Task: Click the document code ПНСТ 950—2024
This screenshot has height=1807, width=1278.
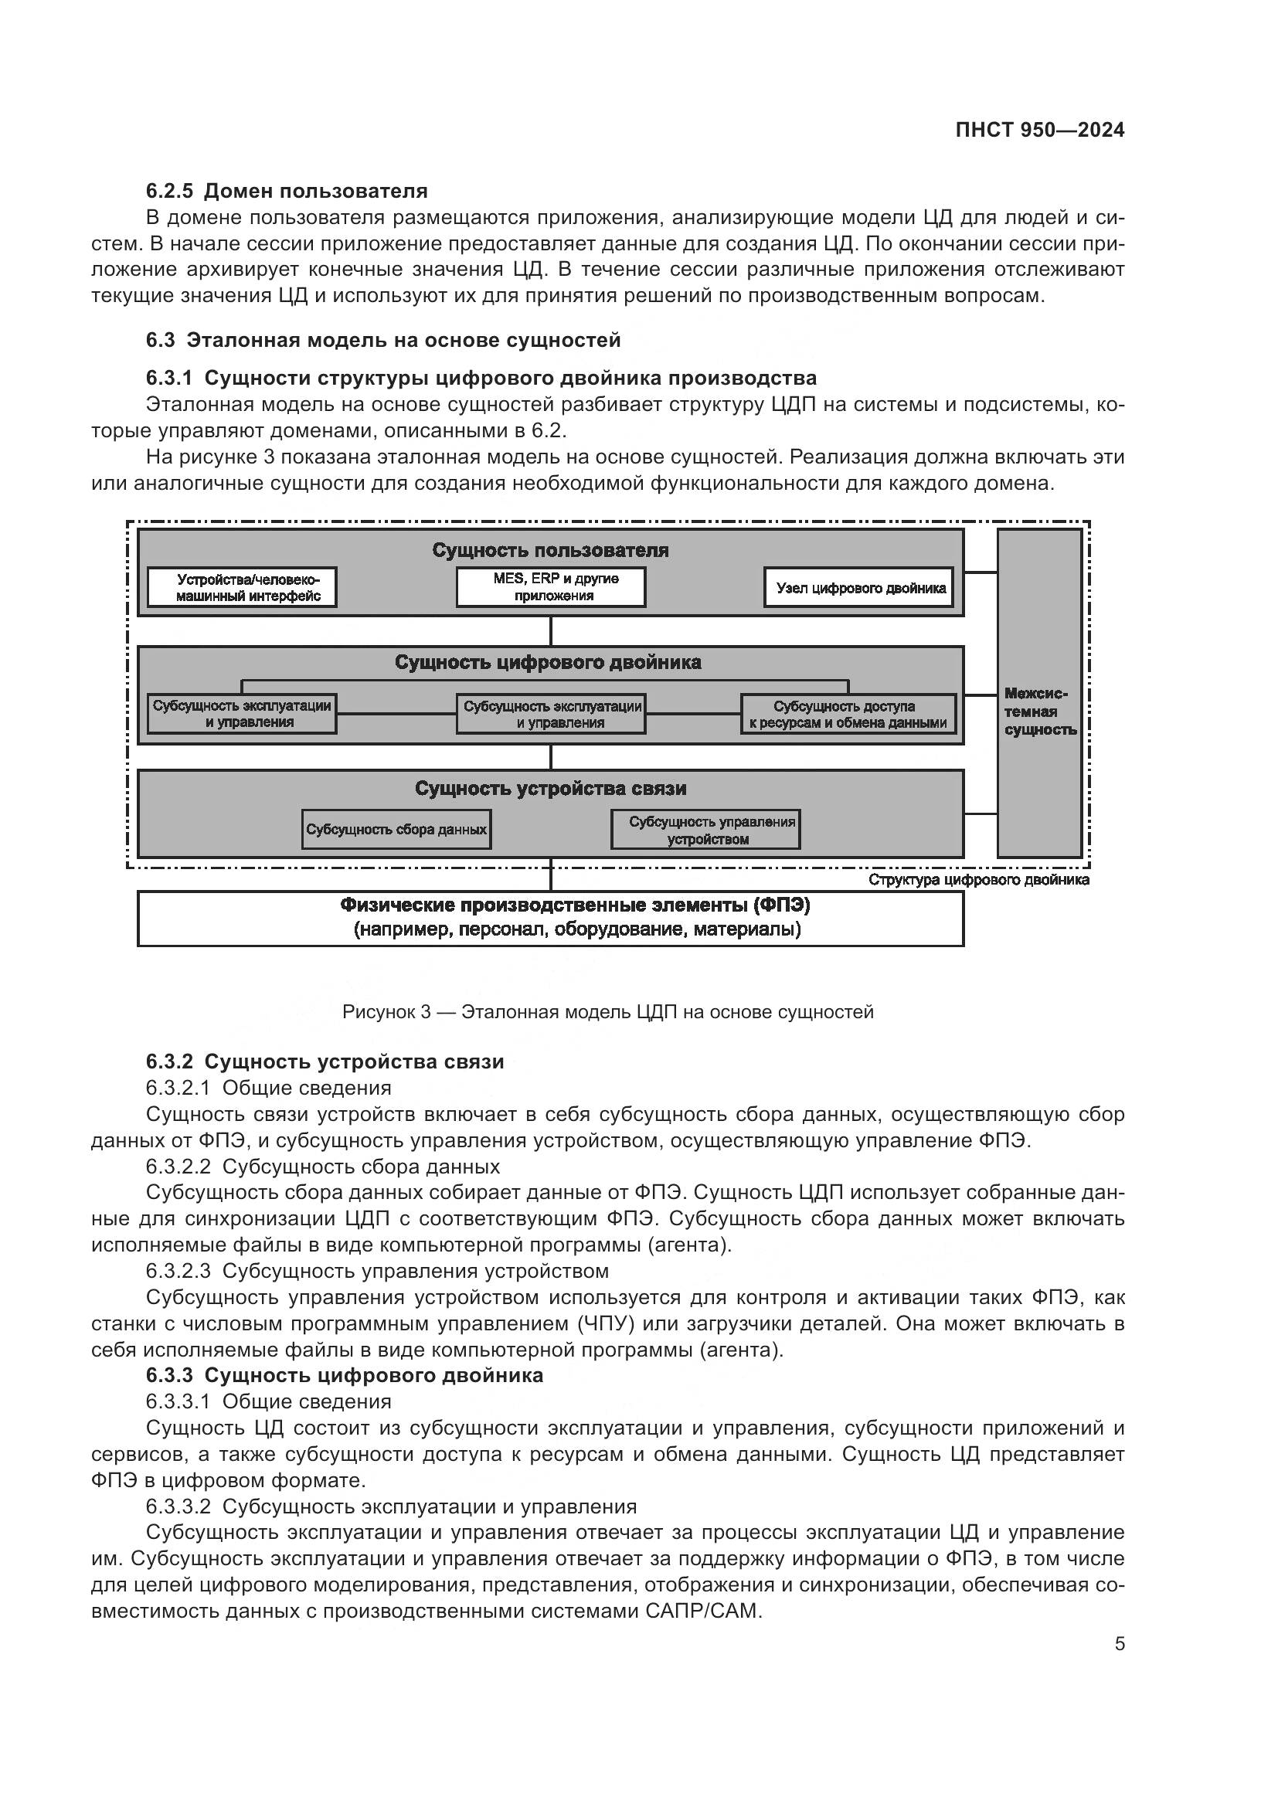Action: [x=1039, y=131]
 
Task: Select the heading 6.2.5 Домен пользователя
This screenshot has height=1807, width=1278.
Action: [x=287, y=192]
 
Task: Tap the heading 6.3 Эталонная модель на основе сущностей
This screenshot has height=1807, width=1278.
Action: [x=383, y=340]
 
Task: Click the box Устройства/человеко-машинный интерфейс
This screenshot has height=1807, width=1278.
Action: [x=243, y=588]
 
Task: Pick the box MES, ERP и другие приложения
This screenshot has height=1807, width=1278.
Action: [x=551, y=587]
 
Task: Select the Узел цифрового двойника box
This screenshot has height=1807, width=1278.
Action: [x=858, y=588]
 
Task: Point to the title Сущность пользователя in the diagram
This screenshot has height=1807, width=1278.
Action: [x=550, y=550]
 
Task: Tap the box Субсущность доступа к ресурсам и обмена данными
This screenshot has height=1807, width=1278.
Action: [x=848, y=715]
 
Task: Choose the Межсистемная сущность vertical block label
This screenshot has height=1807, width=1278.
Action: [x=1039, y=712]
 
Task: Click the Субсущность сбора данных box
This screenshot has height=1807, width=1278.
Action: [x=396, y=830]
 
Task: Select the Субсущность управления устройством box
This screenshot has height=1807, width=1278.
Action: [x=706, y=830]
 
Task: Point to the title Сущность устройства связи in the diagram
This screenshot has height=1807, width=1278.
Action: [x=550, y=789]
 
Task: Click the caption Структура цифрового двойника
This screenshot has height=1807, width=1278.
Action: [x=978, y=880]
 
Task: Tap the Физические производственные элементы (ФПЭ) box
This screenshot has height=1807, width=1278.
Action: [x=550, y=918]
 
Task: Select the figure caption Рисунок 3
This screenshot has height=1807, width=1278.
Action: [x=607, y=1012]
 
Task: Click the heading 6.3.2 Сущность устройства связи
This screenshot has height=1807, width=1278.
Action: [x=325, y=1061]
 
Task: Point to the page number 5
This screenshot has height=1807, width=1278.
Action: [x=1119, y=1644]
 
